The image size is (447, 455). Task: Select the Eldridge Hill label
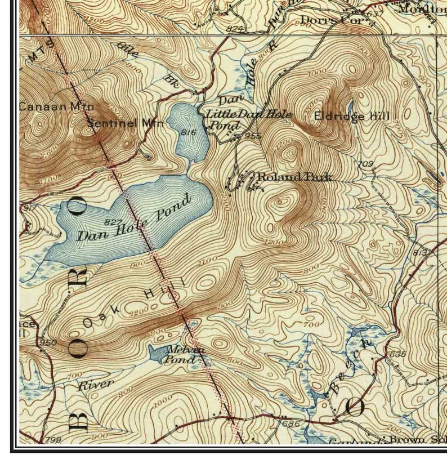coord(351,117)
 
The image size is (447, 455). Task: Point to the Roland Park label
coord(294,177)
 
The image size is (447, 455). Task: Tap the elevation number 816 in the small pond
coord(188,132)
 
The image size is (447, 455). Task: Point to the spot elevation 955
coord(253,136)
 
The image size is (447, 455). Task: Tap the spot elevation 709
coord(366,164)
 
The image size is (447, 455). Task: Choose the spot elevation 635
coord(397,354)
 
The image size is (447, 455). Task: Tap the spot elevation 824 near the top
coord(236,28)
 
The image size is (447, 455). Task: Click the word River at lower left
coord(95,385)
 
